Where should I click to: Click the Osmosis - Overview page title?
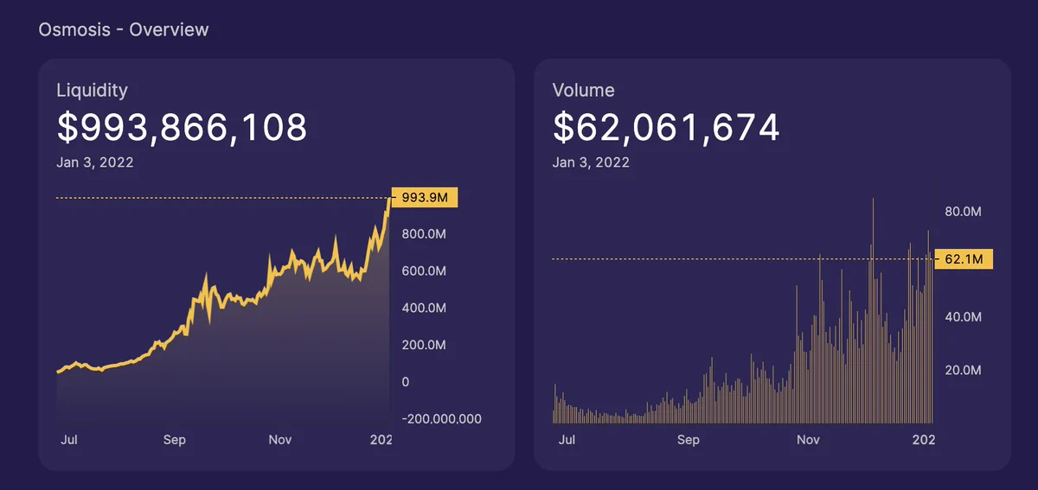[123, 29]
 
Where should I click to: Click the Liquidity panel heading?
[92, 91]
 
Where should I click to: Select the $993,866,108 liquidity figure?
[182, 127]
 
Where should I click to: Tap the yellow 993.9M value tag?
[425, 197]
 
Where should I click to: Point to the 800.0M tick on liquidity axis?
[424, 234]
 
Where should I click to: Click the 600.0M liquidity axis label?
[424, 271]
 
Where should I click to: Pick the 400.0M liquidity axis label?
[424, 308]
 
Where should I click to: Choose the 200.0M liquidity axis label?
[424, 345]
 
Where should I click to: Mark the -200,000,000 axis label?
[441, 418]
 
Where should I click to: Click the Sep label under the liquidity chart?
[174, 440]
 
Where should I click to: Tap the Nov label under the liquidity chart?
[280, 440]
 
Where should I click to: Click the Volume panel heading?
[583, 91]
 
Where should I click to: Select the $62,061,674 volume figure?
[666, 127]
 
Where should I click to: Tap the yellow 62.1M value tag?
[964, 259]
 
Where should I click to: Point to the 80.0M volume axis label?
[963, 212]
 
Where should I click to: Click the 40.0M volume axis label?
[963, 317]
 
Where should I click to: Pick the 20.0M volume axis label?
[963, 370]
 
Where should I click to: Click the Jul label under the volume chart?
[567, 440]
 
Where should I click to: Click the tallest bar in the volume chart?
[873, 311]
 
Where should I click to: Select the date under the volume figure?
[591, 162]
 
